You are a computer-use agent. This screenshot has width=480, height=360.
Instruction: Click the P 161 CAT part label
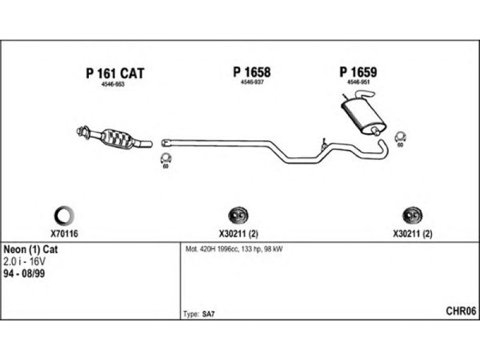pyautogui.click(x=115, y=73)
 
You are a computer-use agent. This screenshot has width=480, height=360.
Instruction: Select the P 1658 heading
pyautogui.click(x=252, y=72)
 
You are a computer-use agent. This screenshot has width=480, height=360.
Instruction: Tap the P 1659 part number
pyautogui.click(x=358, y=72)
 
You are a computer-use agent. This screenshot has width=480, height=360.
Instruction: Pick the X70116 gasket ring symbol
pyautogui.click(x=65, y=214)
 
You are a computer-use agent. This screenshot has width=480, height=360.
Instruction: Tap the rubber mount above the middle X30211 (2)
pyautogui.click(x=240, y=215)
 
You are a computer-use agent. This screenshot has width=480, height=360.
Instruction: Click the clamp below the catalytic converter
pyautogui.click(x=166, y=159)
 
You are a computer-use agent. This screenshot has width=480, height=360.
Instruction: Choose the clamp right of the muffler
pyautogui.click(x=400, y=138)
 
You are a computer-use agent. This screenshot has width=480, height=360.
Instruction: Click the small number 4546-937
pyautogui.click(x=252, y=82)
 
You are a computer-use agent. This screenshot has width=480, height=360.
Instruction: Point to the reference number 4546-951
pyautogui.click(x=358, y=82)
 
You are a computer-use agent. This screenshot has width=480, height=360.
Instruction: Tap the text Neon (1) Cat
pyautogui.click(x=31, y=249)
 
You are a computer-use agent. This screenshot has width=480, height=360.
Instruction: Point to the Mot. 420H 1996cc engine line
pyautogui.click(x=234, y=249)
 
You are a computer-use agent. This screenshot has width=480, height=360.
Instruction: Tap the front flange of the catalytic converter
pyautogui.click(x=82, y=131)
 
